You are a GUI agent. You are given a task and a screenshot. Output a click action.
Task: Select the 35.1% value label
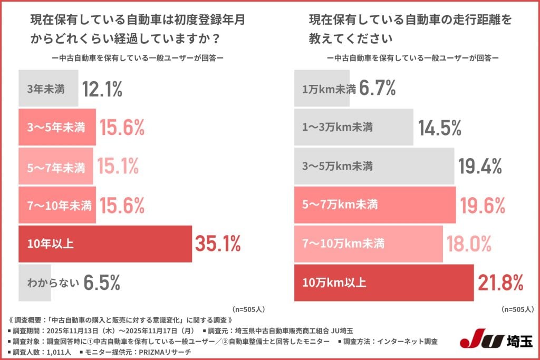coord(218,244)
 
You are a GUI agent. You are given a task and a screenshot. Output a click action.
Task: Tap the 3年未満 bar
coord(48,89)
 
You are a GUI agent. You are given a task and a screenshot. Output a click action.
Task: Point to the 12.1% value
coord(102,89)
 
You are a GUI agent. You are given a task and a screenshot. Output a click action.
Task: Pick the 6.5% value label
coord(102,283)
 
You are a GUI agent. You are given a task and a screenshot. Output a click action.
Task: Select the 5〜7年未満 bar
coord(56,167)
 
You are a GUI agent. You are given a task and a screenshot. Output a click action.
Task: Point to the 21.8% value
coord(500,283)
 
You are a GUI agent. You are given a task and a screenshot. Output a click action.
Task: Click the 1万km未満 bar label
coord(328,89)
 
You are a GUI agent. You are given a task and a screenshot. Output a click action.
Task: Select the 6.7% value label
coord(378,89)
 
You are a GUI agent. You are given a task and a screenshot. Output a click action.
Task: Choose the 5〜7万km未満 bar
coord(374,206)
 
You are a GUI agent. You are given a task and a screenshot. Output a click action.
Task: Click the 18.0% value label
coord(470,244)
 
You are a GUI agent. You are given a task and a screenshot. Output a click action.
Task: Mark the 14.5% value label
coord(440,128)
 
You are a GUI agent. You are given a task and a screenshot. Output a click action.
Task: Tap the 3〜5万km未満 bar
coord(373,167)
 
